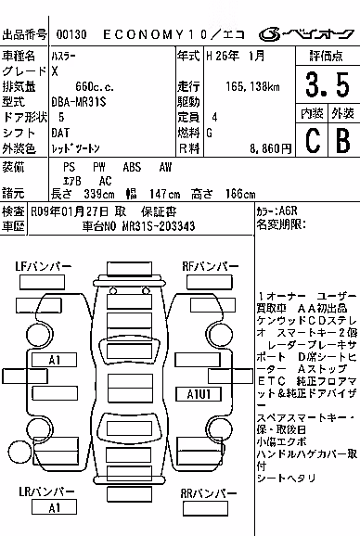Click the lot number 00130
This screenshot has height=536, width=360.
pos(71,34)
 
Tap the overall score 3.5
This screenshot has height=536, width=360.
pos(328,84)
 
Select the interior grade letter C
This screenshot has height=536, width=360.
pos(313,140)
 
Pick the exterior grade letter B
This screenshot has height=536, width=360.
pos(343,140)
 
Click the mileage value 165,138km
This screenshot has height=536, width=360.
pos(252,86)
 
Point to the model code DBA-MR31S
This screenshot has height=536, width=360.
pos(79,102)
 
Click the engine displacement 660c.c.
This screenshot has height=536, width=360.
pos(95,86)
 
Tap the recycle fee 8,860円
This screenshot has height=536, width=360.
pos(271,148)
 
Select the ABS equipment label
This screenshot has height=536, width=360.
pos(132,167)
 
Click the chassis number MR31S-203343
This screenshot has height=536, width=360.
pos(159,226)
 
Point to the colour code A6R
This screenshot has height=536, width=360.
pos(289,211)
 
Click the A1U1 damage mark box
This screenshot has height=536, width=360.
pos(199,394)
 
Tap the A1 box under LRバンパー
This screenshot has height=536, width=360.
pos(54,507)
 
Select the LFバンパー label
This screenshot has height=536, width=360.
pos(44,266)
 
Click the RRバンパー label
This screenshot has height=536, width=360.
pos(209,493)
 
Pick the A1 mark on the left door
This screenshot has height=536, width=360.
pos(54,360)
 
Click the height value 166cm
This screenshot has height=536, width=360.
pos(240,194)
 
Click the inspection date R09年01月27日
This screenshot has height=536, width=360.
pos(70,211)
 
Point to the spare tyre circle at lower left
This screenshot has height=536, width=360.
pos(19,453)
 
